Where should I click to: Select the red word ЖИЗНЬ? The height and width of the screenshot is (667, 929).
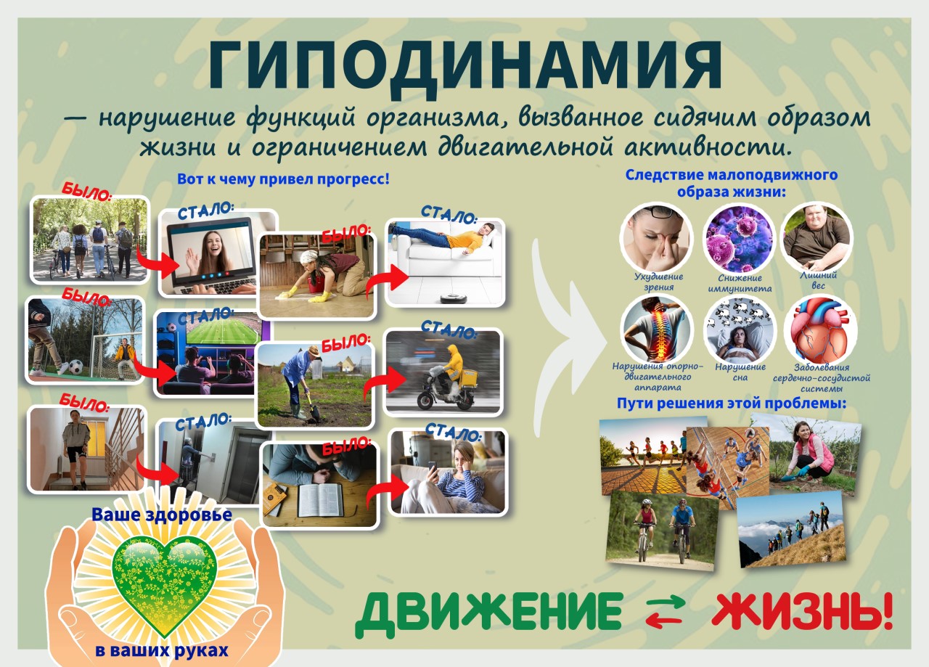801,612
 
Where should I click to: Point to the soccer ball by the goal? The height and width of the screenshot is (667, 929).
75,367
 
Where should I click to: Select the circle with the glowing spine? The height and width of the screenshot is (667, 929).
656,329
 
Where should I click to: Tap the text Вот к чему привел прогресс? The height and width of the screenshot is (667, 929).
283,179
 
